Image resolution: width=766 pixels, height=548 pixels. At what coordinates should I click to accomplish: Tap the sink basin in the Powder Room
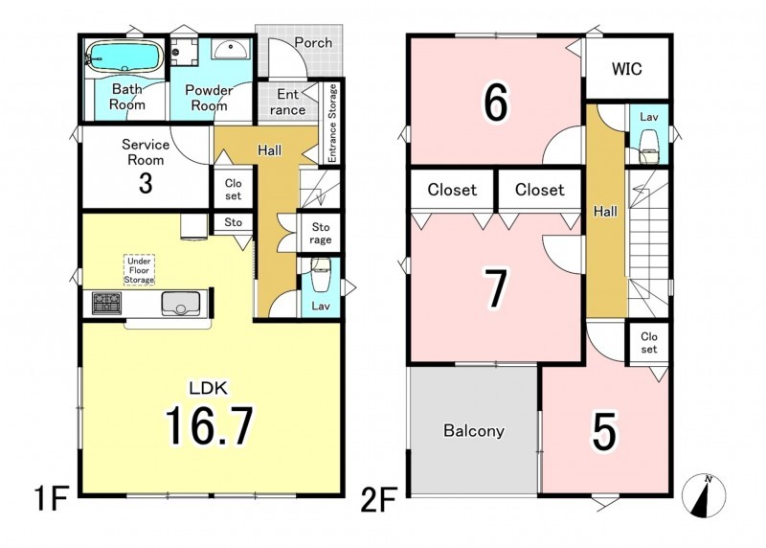click(x=231, y=50)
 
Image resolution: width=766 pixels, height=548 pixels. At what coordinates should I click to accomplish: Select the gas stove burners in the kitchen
click(x=106, y=303)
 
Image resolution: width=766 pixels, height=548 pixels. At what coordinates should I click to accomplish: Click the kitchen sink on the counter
click(x=181, y=304)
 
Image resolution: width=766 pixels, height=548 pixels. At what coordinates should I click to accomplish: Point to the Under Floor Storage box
click(x=139, y=270)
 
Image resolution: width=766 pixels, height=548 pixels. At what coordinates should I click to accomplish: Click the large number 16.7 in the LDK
click(x=210, y=425)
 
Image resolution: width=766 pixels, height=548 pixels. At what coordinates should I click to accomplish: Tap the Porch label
click(x=313, y=42)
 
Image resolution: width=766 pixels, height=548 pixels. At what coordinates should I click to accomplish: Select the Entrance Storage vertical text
click(x=332, y=123)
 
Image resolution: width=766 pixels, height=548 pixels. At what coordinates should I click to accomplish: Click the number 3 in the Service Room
click(x=146, y=183)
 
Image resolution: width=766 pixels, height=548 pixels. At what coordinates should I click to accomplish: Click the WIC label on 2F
click(x=627, y=69)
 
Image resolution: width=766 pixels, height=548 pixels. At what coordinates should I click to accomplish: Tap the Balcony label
click(x=474, y=431)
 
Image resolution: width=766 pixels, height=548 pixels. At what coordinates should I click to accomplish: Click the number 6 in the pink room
click(x=495, y=103)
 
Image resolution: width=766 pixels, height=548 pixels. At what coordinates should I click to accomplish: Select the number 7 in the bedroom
click(x=495, y=288)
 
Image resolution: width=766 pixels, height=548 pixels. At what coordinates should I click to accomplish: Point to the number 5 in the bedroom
click(x=604, y=431)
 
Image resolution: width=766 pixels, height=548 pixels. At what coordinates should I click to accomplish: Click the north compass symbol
click(x=704, y=495)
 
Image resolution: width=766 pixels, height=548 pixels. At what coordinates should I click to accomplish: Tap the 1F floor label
click(x=51, y=498)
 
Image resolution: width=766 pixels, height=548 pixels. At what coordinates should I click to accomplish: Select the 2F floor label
click(x=378, y=498)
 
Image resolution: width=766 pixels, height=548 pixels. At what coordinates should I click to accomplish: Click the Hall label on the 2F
click(x=605, y=211)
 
